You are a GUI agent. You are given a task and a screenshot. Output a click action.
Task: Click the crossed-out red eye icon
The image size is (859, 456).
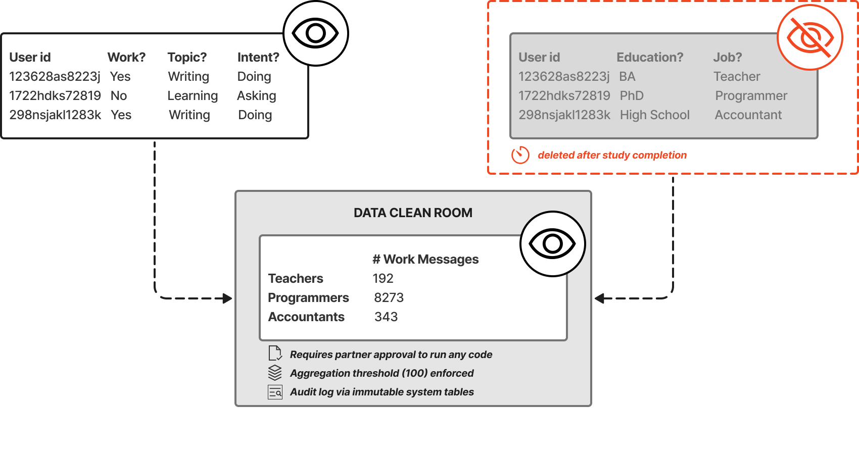click(809, 37)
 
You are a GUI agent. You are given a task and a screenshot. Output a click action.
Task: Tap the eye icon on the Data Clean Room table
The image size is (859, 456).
click(552, 244)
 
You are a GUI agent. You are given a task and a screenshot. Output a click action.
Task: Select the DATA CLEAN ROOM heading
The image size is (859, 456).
click(413, 213)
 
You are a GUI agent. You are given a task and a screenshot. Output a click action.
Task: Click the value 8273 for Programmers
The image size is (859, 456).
click(389, 297)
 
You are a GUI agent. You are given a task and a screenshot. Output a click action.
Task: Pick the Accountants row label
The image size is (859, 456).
click(306, 317)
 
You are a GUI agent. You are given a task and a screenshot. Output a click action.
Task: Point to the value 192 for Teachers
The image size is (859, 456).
click(383, 278)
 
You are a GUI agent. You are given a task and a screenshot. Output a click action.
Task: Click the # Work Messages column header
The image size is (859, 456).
click(425, 259)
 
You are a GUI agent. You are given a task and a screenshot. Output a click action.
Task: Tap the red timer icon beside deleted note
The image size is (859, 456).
click(520, 155)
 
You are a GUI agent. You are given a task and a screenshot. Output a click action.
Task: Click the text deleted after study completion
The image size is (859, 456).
click(612, 155)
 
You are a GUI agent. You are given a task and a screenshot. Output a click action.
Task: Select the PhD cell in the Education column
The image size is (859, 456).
click(632, 95)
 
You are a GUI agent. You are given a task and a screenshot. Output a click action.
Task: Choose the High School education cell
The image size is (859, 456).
click(654, 115)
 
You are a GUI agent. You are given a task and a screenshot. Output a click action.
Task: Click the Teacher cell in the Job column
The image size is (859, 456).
click(737, 76)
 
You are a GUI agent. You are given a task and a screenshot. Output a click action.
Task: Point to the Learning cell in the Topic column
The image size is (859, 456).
click(193, 95)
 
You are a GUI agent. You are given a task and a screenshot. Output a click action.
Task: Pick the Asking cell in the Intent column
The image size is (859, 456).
click(257, 95)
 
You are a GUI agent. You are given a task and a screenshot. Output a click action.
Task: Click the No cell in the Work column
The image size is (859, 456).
click(119, 95)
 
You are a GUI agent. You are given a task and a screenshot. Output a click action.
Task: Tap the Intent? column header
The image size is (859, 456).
click(258, 57)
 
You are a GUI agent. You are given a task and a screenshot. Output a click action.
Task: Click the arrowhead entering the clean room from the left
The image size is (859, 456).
click(227, 298)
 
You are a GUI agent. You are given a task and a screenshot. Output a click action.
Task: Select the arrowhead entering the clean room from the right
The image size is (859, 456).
click(600, 298)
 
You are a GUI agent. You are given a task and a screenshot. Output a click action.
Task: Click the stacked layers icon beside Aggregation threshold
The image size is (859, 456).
click(275, 373)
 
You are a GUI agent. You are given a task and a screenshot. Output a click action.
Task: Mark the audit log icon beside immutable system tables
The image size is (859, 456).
click(275, 392)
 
